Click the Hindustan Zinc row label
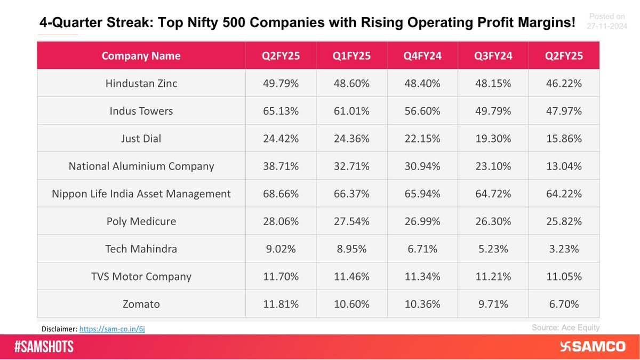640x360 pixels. point(141,83)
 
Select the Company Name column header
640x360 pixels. point(141,55)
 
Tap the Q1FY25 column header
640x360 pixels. point(352,55)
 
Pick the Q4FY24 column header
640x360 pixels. point(422,55)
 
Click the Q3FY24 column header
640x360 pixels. point(493,55)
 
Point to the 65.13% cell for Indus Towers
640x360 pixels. point(281,111)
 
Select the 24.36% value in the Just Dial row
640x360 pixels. point(352,138)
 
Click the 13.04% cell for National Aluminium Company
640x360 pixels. point(564,166)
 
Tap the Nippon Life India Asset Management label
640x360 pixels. point(141,194)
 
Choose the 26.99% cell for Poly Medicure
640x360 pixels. point(422,221)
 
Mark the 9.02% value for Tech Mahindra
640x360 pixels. point(281,249)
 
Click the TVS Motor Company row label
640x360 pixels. point(141,276)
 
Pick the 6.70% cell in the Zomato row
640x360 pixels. point(564,304)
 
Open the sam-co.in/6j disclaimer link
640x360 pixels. point(112,329)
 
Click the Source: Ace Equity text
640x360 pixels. point(565,328)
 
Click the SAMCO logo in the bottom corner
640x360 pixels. point(593,347)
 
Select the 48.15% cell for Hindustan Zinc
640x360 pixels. point(493,83)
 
